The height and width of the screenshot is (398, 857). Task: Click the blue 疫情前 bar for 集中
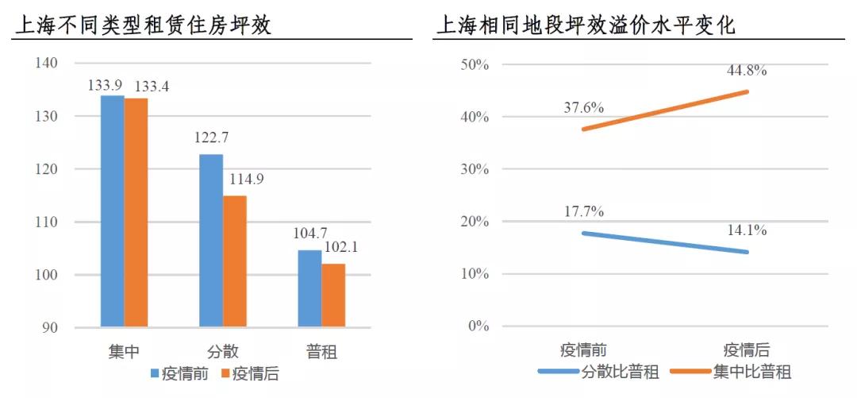coord(112,211)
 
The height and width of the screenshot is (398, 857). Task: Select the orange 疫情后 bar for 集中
coord(136,212)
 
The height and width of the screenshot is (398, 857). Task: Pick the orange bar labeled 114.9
coord(235,261)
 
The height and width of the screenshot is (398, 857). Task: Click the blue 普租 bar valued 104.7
coord(309,288)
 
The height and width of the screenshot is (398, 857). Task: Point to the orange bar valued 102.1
coord(333,295)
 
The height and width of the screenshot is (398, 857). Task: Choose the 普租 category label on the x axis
coord(321,350)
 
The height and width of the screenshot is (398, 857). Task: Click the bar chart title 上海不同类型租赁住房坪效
coord(143,25)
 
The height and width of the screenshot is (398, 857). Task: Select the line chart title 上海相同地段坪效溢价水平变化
coord(586,25)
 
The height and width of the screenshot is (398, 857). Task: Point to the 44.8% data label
coord(747,71)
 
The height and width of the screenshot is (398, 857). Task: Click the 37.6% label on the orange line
coord(583,107)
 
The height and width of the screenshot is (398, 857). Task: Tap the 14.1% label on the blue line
coord(747,231)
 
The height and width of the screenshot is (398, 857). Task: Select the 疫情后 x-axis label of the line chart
coord(747,350)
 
